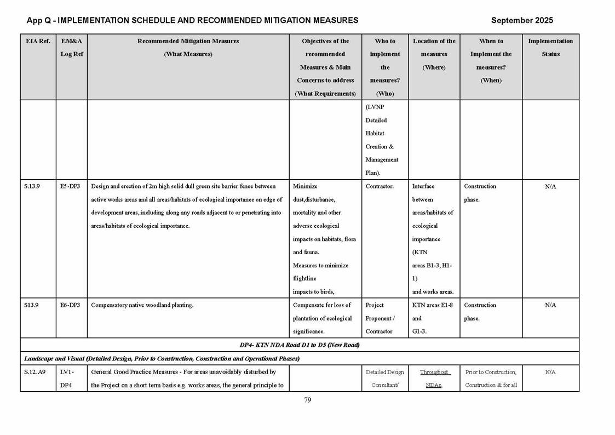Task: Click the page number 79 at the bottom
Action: point(308,400)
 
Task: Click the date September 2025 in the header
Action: point(521,20)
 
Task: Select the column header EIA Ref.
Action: point(37,41)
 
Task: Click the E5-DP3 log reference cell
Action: point(70,186)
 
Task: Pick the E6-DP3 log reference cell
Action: point(70,305)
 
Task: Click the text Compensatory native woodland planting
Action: point(142,305)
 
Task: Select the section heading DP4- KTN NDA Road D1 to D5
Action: point(299,345)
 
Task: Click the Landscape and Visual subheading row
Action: point(162,359)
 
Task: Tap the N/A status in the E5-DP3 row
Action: point(550,187)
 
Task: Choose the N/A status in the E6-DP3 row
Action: point(550,306)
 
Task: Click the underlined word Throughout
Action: point(434,372)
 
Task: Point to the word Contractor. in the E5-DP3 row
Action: point(380,186)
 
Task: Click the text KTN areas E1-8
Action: point(433,305)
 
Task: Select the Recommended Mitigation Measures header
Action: point(188,41)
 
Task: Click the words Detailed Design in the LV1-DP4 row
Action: point(384,372)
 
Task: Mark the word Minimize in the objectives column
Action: point(305,186)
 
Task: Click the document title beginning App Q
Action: point(192,20)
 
